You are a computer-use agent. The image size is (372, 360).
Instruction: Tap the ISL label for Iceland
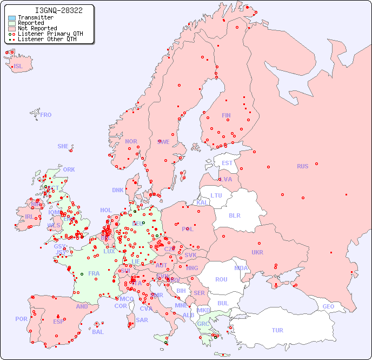coord(18,67)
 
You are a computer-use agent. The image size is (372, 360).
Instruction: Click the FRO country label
coord(46,115)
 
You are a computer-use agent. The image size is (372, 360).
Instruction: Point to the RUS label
coord(302,166)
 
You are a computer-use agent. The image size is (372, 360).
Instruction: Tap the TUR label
coord(277,330)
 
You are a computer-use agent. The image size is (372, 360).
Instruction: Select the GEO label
coord(328,306)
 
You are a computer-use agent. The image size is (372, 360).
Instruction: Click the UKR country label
coord(257,252)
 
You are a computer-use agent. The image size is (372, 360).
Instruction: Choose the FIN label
coord(226,115)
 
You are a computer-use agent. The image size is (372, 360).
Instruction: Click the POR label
coord(21,319)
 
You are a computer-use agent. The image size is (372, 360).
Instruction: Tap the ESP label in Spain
coord(58,322)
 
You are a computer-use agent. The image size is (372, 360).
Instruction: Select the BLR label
coord(234,215)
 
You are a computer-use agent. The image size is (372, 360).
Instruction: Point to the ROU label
coord(221,279)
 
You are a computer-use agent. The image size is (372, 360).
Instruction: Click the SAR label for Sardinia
coord(142,320)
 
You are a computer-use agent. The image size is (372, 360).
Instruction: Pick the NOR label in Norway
coord(131,141)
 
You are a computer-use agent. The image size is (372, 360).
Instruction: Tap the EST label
coord(227,163)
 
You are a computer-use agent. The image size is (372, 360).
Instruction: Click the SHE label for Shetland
coord(63,146)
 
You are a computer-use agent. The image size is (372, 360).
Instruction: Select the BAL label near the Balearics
coord(98,332)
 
